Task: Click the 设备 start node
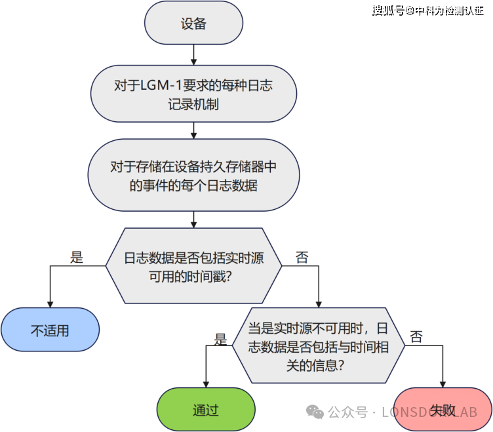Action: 193,24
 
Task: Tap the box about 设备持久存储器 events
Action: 193,176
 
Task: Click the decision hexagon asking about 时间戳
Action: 193,266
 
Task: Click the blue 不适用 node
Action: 50,330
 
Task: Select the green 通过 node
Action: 206,410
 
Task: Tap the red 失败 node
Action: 443,410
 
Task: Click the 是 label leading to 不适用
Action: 77,257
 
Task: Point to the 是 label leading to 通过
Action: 220,338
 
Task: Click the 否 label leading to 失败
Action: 416,337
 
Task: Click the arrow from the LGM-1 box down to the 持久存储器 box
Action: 193,131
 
